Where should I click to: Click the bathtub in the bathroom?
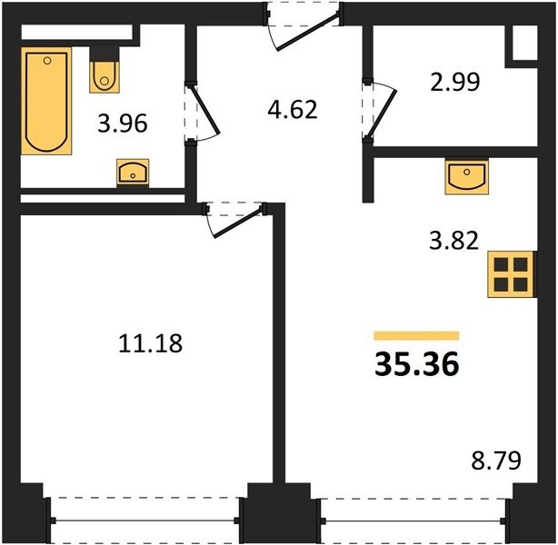tap(46, 101)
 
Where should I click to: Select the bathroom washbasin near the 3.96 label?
tap(133, 173)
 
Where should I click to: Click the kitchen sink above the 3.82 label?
tap(466, 176)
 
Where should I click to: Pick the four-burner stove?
tap(511, 274)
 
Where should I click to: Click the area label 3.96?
tap(123, 124)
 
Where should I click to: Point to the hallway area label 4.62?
tap(292, 110)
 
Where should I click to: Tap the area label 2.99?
tap(455, 82)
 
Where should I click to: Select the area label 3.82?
tap(453, 241)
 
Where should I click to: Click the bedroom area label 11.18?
tap(151, 343)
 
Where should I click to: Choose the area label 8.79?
tap(496, 460)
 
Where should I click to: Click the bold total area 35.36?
tap(417, 364)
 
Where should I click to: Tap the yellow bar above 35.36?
tap(416, 336)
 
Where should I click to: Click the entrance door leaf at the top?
tap(307, 31)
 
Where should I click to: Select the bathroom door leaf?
tap(205, 108)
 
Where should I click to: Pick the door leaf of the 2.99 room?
tap(383, 114)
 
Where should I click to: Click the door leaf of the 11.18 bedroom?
tap(239, 223)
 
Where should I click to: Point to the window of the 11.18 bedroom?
tap(145, 520)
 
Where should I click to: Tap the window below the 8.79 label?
tap(414, 520)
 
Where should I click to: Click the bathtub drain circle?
tap(47, 61)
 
